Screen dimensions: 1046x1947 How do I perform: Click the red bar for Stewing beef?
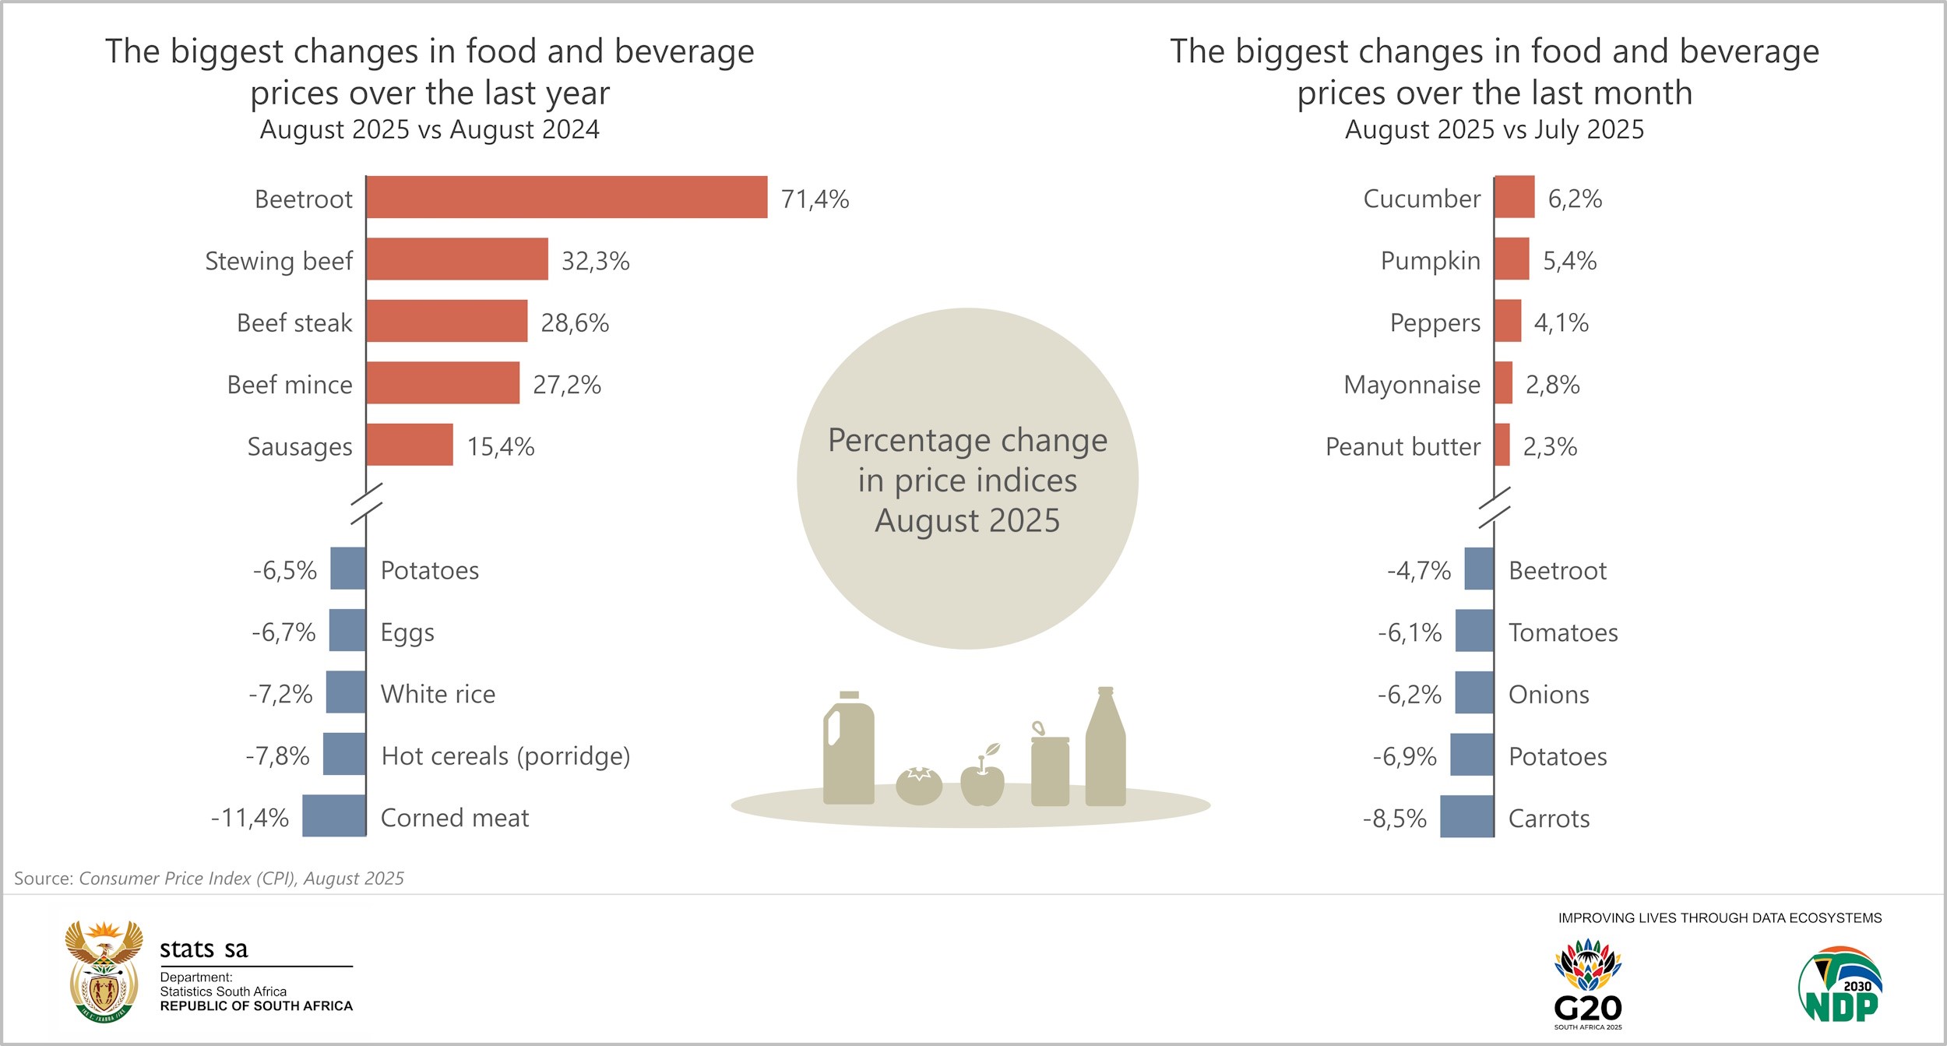[457, 259]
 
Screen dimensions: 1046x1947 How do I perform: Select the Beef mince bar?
[442, 383]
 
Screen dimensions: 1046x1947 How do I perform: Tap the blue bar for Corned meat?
[334, 816]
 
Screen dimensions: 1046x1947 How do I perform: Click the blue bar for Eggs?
[347, 631]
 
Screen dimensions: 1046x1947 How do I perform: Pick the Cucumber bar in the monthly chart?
[1515, 197]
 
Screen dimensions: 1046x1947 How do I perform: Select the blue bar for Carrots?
[1467, 817]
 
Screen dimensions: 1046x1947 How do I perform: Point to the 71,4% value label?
[815, 199]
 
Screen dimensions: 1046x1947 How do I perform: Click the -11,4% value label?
[250, 818]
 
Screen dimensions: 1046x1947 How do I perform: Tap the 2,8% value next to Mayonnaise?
[1552, 385]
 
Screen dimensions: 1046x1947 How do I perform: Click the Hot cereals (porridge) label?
[505, 756]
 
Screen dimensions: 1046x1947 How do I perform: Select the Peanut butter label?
[1403, 447]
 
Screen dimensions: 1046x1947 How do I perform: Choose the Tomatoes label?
[1563, 632]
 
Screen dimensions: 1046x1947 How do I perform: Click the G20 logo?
[1588, 983]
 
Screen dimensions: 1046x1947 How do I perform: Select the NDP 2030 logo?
[1840, 984]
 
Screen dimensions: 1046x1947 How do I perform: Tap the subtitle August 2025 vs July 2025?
[1494, 129]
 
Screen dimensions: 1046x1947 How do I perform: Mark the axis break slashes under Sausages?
[366, 503]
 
